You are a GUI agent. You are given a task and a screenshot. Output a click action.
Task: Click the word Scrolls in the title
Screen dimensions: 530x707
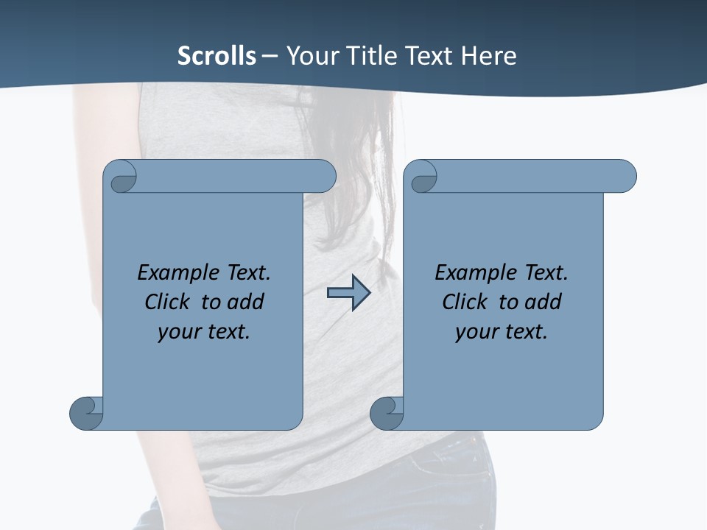click(217, 56)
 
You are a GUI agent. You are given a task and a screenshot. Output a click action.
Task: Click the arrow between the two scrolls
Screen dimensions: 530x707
click(348, 293)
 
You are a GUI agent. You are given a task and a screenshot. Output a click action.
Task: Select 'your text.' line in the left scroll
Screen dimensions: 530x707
click(204, 331)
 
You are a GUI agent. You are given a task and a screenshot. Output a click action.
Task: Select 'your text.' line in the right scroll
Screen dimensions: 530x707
click(502, 331)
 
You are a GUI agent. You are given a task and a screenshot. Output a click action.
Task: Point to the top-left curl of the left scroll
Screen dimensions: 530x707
click(122, 179)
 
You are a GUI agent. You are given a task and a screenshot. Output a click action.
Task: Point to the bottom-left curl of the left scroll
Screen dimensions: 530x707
click(86, 414)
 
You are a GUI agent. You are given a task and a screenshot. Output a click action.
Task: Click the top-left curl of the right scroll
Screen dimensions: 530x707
click(423, 179)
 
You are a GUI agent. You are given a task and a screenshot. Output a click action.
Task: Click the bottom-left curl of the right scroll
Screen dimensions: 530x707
click(386, 414)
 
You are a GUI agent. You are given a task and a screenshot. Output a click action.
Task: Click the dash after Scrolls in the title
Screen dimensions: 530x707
click(270, 56)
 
